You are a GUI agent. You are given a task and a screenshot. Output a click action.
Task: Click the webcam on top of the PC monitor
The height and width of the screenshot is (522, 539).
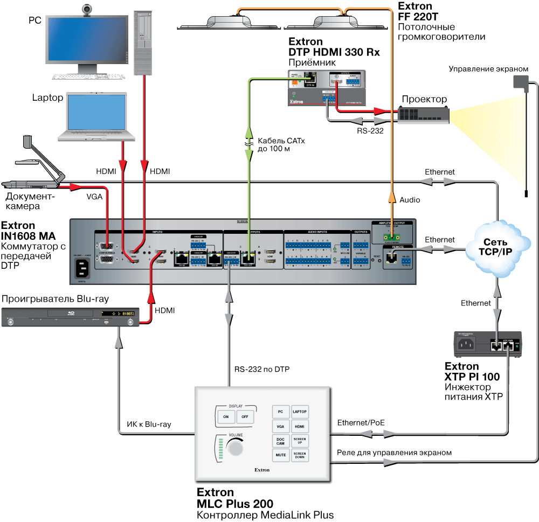point(86,10)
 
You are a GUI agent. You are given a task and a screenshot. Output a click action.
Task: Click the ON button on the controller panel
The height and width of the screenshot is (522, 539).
point(226,416)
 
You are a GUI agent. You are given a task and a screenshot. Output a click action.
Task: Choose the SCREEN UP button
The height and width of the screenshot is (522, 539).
point(300,441)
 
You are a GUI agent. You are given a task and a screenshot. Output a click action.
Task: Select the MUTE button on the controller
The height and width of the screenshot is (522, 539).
point(280,455)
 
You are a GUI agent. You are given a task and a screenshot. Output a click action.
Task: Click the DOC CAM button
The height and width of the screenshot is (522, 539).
point(280,441)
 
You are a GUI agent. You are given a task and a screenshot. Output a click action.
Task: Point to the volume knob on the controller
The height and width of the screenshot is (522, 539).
point(235,448)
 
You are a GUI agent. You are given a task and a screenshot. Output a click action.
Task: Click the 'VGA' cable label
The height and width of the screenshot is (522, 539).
point(95,197)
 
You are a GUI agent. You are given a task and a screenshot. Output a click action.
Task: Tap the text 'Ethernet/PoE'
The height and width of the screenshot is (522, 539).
point(361,422)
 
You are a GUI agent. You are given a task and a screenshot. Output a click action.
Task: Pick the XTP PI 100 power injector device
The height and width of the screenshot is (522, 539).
point(485,345)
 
